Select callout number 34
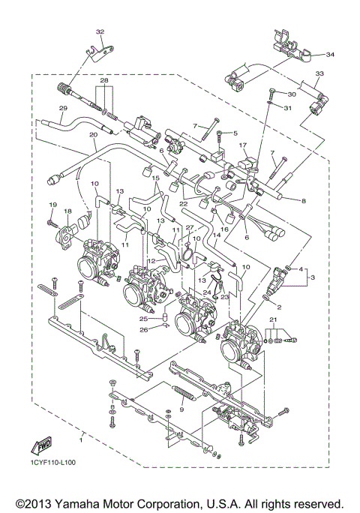pyautogui.click(x=331, y=54)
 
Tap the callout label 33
pyautogui.click(x=319, y=73)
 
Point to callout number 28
pyautogui.click(x=104, y=79)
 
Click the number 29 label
pyautogui.click(x=63, y=109)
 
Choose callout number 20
pyautogui.click(x=93, y=135)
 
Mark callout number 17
pyautogui.click(x=242, y=145)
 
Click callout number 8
pyautogui.click(x=303, y=201)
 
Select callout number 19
pyautogui.click(x=52, y=205)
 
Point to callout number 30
pyautogui.click(x=292, y=94)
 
